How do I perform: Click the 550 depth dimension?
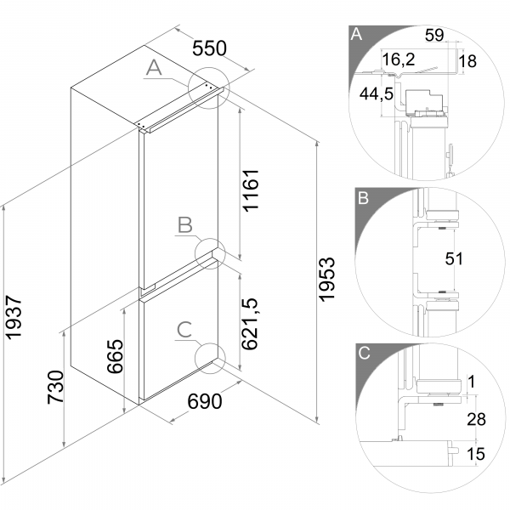[209, 48]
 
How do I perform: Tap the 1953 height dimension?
[326, 280]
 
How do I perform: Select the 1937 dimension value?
[14, 317]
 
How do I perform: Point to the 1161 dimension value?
[251, 190]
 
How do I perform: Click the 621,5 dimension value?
[250, 324]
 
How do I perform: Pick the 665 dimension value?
[115, 356]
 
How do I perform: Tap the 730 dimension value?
[55, 387]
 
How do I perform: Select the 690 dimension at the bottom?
[205, 401]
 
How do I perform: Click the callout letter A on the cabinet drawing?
[154, 68]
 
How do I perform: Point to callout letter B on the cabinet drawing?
[185, 224]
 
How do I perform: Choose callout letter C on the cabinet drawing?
[184, 330]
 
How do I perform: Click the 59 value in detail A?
[434, 35]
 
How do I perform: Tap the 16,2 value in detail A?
[399, 59]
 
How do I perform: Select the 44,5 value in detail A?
[377, 94]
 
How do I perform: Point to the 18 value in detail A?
[467, 61]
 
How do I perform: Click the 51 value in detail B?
[454, 259]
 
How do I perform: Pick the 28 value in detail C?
[476, 419]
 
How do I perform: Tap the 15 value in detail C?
[475, 454]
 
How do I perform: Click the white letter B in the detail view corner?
[363, 198]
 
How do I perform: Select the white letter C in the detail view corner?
[364, 353]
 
